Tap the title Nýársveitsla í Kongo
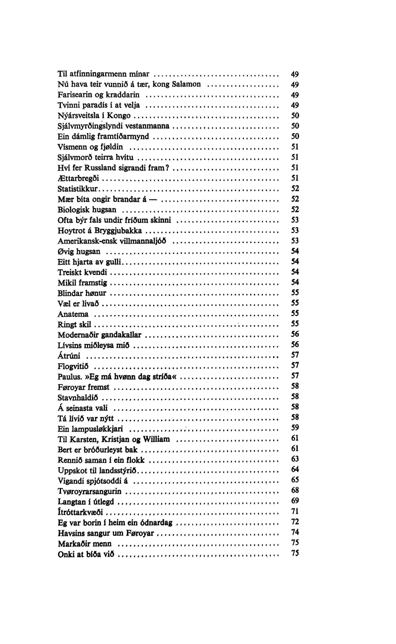coord(94,115)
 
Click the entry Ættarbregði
coord(78,178)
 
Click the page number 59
coord(295,428)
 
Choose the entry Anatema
coord(73,314)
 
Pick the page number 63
coord(295,459)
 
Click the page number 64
coord(295,469)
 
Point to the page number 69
coord(295,501)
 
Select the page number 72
coord(295,522)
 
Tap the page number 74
coord(295,532)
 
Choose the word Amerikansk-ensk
coord(87,241)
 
